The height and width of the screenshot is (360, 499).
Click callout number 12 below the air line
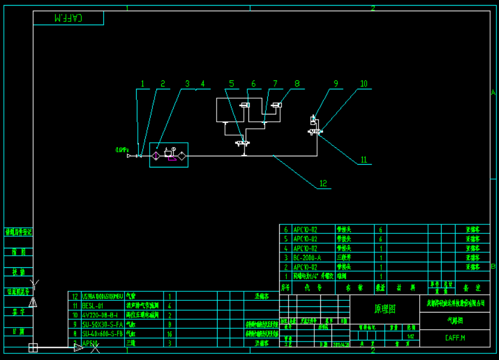click(x=323, y=183)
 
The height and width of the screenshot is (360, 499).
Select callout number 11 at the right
click(x=363, y=160)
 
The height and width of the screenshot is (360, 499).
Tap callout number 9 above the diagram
click(x=336, y=84)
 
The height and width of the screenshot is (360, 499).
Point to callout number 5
click(x=231, y=84)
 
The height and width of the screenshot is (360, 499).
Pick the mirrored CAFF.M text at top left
click(x=68, y=18)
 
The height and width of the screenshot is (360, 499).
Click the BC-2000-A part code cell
click(x=307, y=258)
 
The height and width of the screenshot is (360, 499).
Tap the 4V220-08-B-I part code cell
click(x=99, y=315)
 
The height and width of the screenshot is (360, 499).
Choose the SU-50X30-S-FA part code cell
click(x=102, y=324)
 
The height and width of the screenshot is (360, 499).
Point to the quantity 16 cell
click(x=169, y=334)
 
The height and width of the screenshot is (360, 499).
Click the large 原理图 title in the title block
click(x=384, y=309)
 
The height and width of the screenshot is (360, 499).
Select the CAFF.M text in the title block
click(x=455, y=338)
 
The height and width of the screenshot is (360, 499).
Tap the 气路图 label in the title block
click(x=455, y=321)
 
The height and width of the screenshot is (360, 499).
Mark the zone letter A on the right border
click(x=493, y=93)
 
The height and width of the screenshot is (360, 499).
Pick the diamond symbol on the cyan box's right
click(x=181, y=155)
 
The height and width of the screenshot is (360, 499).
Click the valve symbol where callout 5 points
click(x=243, y=143)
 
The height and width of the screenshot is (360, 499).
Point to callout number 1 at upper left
click(x=142, y=84)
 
